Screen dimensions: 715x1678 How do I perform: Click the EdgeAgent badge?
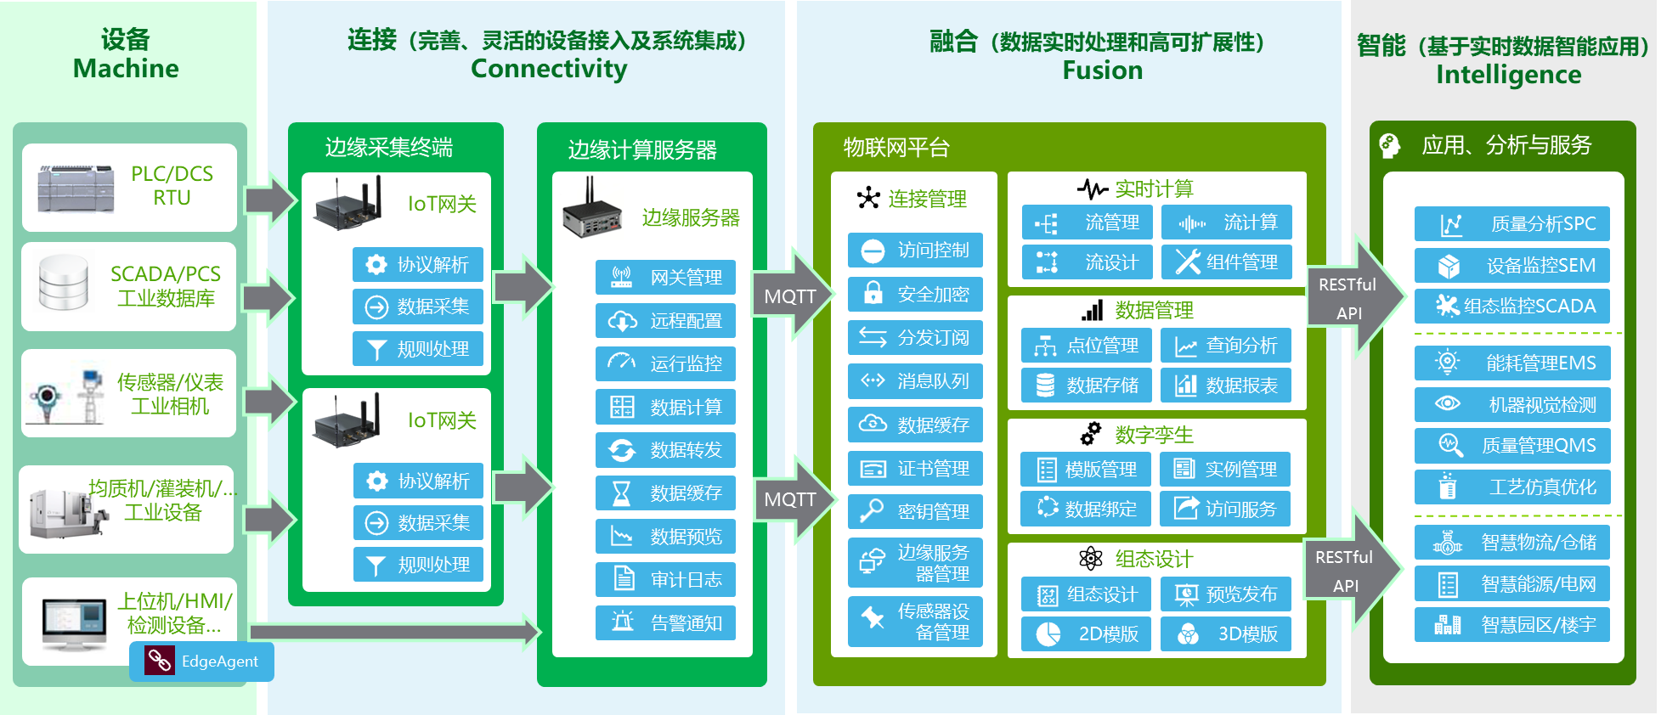[201, 661]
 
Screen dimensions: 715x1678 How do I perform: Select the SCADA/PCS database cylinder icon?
[64, 283]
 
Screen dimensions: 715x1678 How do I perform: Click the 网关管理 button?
[665, 278]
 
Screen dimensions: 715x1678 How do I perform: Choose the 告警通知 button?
[665, 623]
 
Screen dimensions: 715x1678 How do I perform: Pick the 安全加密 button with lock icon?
[915, 294]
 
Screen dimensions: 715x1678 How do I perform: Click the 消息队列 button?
[915, 381]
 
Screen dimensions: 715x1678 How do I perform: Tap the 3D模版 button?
[1225, 633]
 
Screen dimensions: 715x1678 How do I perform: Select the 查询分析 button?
[1225, 346]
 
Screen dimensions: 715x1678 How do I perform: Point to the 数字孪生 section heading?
[1138, 435]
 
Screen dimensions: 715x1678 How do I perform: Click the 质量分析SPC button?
[1511, 224]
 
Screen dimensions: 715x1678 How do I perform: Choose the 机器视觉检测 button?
[1511, 405]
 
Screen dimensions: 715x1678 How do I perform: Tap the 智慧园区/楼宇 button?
[1511, 625]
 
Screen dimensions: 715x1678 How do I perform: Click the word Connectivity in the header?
[549, 69]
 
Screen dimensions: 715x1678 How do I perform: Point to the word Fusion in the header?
[1102, 70]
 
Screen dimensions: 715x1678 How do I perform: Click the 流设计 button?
[1087, 262]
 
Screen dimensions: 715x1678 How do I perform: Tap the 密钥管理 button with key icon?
[915, 511]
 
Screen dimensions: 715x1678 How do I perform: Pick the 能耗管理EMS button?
[1511, 363]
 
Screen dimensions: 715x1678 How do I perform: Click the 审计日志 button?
[665, 580]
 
